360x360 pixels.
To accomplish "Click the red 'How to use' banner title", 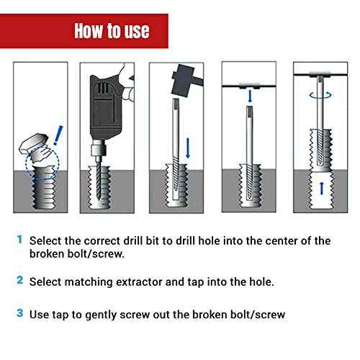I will point(112,31).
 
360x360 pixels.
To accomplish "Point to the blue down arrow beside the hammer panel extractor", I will point(188,148).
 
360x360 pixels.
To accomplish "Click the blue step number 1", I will point(19,239).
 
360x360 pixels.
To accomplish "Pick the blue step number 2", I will point(19,280).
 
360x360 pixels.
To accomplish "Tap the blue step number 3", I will point(19,314).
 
